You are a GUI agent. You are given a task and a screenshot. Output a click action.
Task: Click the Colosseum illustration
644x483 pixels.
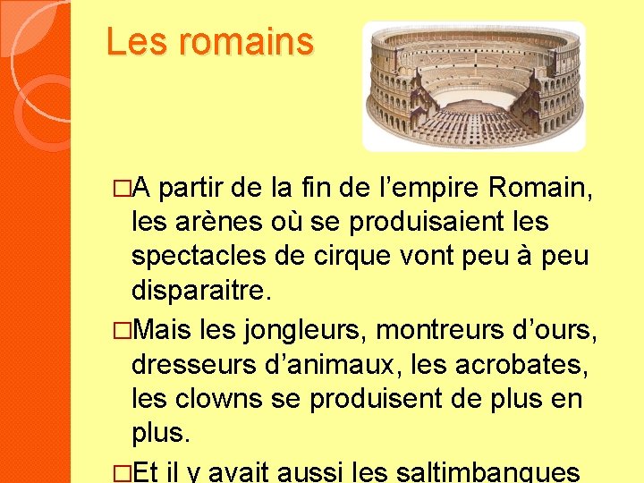[473, 86]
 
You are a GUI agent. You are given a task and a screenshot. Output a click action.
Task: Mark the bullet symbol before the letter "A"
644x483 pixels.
[123, 190]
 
